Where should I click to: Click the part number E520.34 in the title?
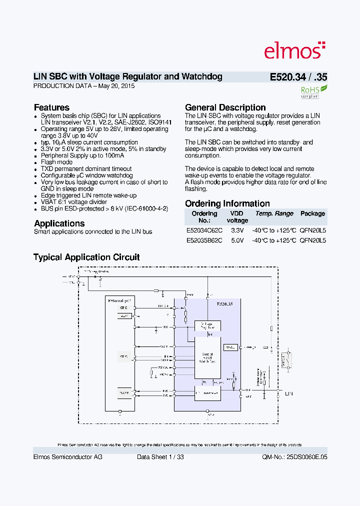click(x=287, y=77)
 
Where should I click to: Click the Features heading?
click(x=51, y=107)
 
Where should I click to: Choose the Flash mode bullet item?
click(x=56, y=162)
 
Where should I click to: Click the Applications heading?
click(x=59, y=223)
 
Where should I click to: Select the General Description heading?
click(x=225, y=107)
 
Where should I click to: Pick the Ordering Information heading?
click(x=227, y=203)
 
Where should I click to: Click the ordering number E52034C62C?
click(x=204, y=230)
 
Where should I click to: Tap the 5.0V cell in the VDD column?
click(x=237, y=240)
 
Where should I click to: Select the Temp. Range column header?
click(x=274, y=214)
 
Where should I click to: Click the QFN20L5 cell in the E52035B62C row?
click(x=312, y=240)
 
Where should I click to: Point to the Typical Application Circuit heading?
click(x=86, y=257)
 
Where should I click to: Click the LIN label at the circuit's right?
click(x=288, y=394)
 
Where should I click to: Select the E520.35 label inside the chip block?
click(x=224, y=304)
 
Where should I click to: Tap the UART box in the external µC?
click(x=124, y=393)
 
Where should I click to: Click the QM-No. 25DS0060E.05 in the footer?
click(x=294, y=457)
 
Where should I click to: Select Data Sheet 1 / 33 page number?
click(x=160, y=457)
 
